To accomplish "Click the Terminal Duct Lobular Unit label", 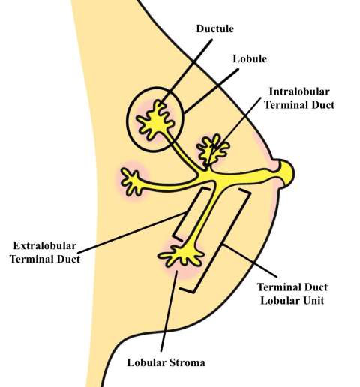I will tap(292, 294).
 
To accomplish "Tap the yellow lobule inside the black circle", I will tap(156, 120).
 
